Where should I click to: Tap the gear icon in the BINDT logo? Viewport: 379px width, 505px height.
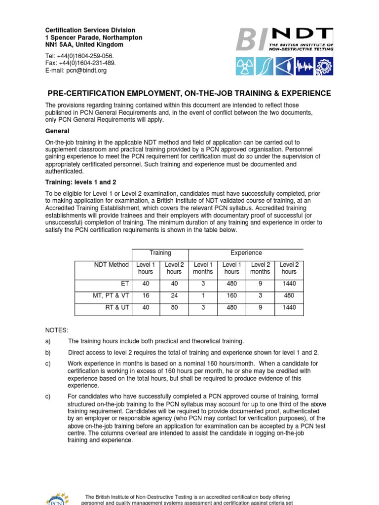[x=324, y=66]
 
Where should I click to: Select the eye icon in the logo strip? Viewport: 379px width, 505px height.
[x=285, y=66]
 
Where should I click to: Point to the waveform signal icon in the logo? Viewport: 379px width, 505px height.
[x=304, y=66]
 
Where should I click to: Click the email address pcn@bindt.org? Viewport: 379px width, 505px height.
[x=88, y=71]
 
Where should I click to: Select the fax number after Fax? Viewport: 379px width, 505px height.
[x=87, y=63]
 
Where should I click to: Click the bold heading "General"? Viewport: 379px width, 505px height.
[x=57, y=131]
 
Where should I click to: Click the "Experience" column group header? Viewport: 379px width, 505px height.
[x=246, y=253]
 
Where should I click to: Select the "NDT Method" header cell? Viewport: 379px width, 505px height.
[x=112, y=265]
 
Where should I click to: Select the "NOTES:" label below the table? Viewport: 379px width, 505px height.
[x=57, y=329]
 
